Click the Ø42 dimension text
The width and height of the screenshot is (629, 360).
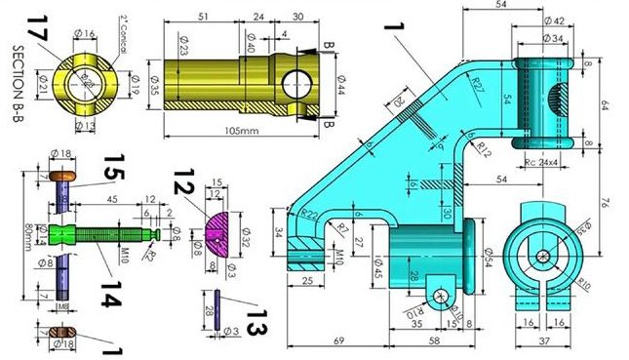(552, 20)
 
